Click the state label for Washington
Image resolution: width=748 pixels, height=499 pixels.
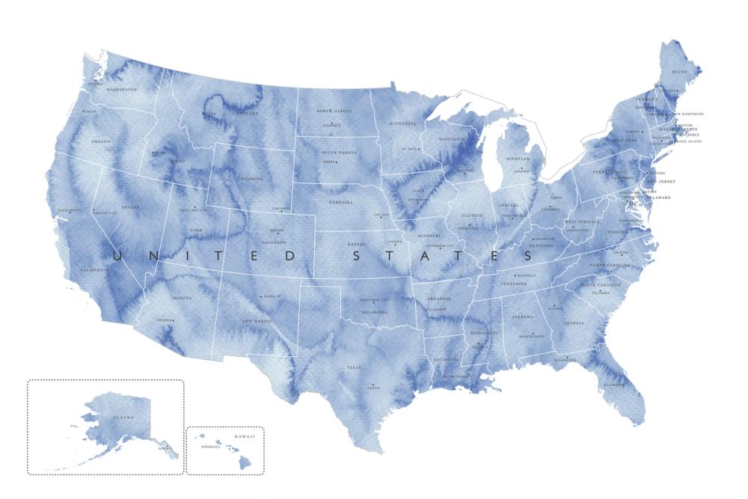tap(122, 90)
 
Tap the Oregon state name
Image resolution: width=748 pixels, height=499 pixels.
tap(101, 141)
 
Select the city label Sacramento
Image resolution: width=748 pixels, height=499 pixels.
tap(68, 210)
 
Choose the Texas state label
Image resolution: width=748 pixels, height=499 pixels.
tap(354, 367)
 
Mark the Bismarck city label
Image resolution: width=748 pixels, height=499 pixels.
tap(333, 125)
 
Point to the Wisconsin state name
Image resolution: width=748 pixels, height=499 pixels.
tap(453, 139)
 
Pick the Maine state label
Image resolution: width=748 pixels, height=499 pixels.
tap(679, 72)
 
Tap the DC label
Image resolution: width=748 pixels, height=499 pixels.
tap(634, 203)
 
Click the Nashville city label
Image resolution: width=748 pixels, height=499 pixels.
tap(527, 275)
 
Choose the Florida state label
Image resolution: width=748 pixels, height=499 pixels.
tap(614, 385)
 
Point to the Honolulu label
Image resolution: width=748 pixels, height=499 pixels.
tap(210, 447)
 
